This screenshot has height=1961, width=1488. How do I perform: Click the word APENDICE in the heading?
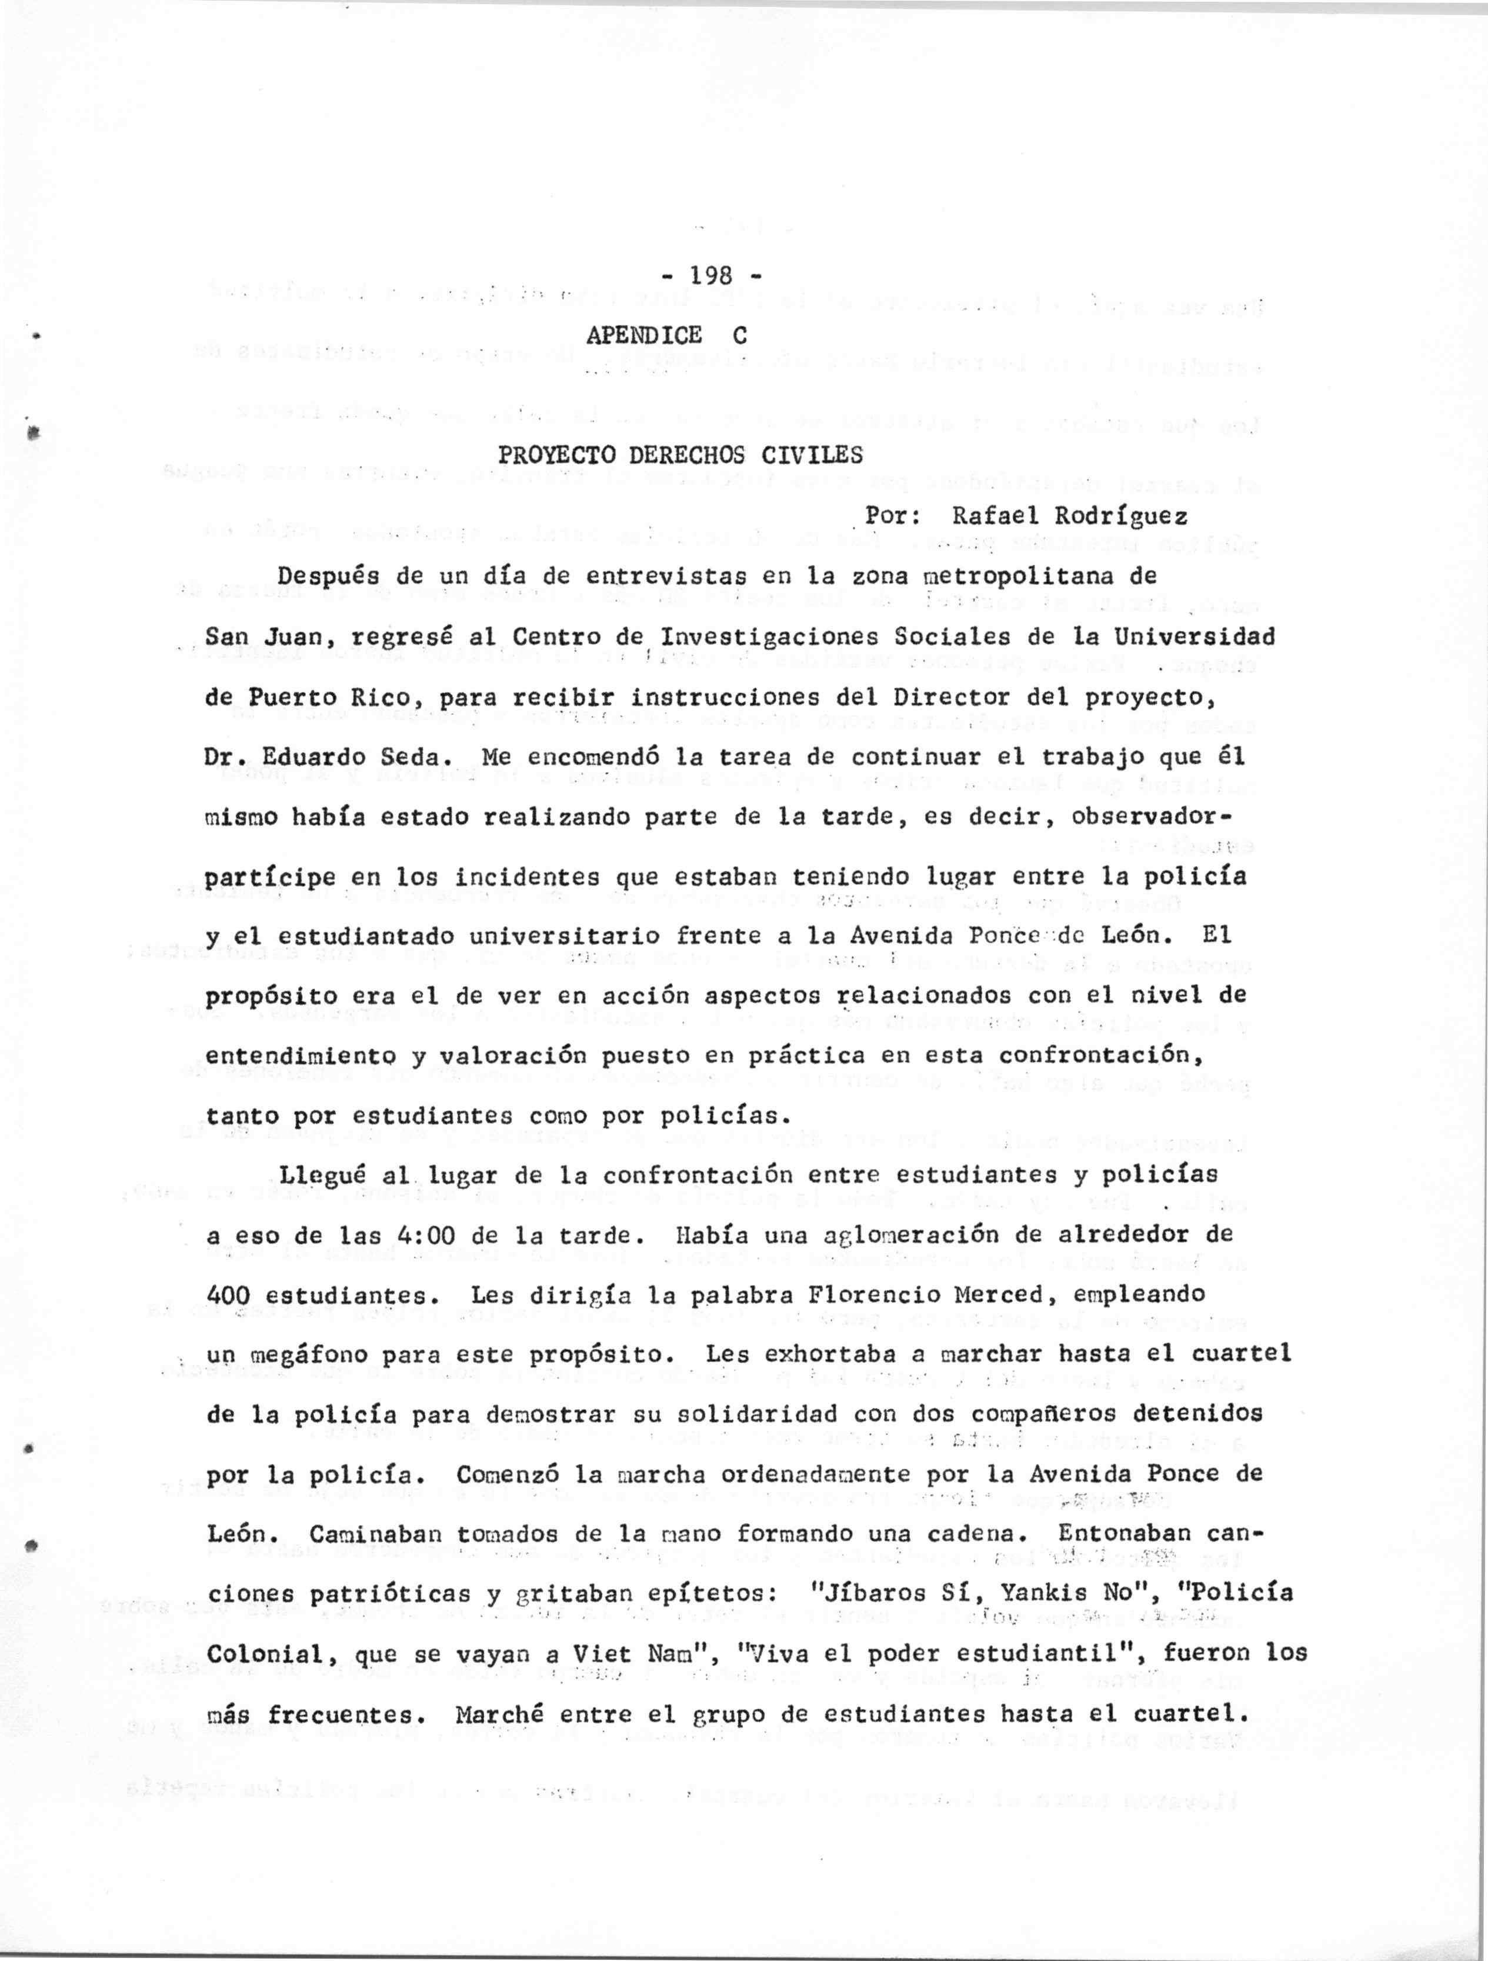coord(644,335)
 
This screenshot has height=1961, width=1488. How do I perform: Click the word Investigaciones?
coord(770,637)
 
